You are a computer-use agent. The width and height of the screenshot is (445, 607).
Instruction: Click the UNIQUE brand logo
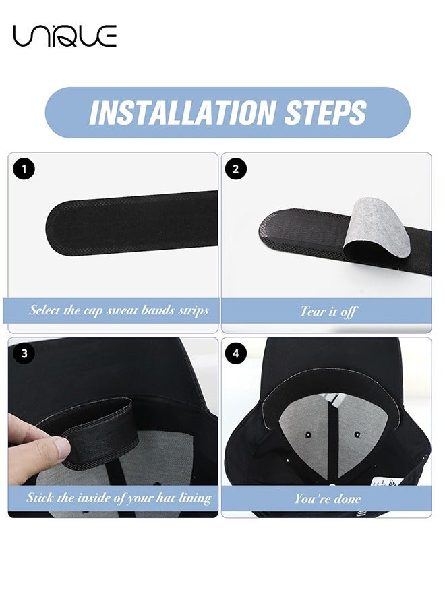pos(65,35)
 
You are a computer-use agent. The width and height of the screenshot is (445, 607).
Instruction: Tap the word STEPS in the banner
pos(326,113)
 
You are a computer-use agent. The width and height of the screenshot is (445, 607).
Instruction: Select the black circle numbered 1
pos(24,169)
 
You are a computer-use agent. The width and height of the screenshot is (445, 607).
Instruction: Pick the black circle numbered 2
pos(236,169)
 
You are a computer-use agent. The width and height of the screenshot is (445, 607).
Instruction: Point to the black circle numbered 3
pos(24,353)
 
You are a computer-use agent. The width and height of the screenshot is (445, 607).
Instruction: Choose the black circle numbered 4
pos(236,353)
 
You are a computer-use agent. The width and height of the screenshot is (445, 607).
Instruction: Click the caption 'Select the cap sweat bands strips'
pos(119,311)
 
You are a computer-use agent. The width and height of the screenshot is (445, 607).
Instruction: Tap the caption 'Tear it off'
pos(328,311)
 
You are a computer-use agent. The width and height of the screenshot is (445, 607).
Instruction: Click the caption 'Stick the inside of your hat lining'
pos(119,498)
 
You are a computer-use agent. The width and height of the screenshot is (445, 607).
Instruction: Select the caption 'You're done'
pos(328,498)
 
